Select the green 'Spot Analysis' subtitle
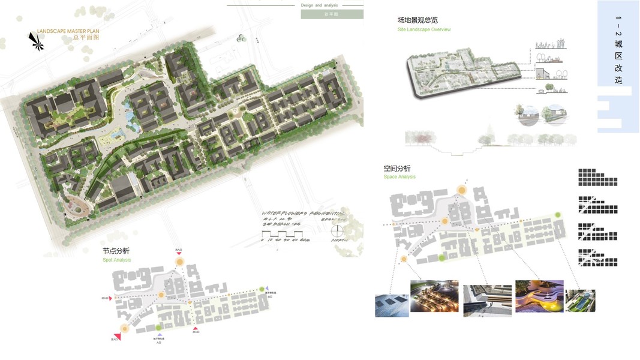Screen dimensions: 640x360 [116, 260]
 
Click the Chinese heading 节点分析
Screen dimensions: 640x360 [116, 251]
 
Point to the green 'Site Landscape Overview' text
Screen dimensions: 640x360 [424, 29]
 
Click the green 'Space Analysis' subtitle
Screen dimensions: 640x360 [399, 177]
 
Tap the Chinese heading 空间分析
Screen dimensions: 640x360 [397, 169]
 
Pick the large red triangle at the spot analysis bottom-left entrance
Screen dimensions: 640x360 [117, 337]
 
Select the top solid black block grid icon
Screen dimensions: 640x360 [597, 177]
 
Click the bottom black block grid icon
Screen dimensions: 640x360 [597, 258]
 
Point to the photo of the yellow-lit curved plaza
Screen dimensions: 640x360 [539, 295]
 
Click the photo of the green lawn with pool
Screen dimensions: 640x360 [581, 301]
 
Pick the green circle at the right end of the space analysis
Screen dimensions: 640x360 [558, 215]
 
